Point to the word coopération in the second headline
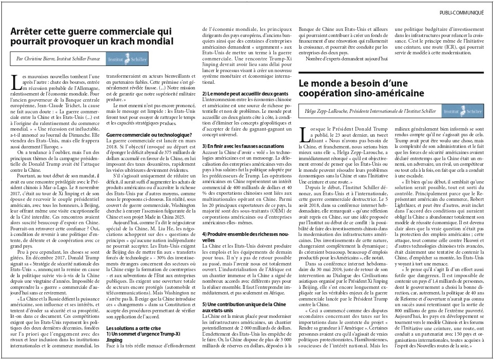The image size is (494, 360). pyautogui.click(x=330, y=93)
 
